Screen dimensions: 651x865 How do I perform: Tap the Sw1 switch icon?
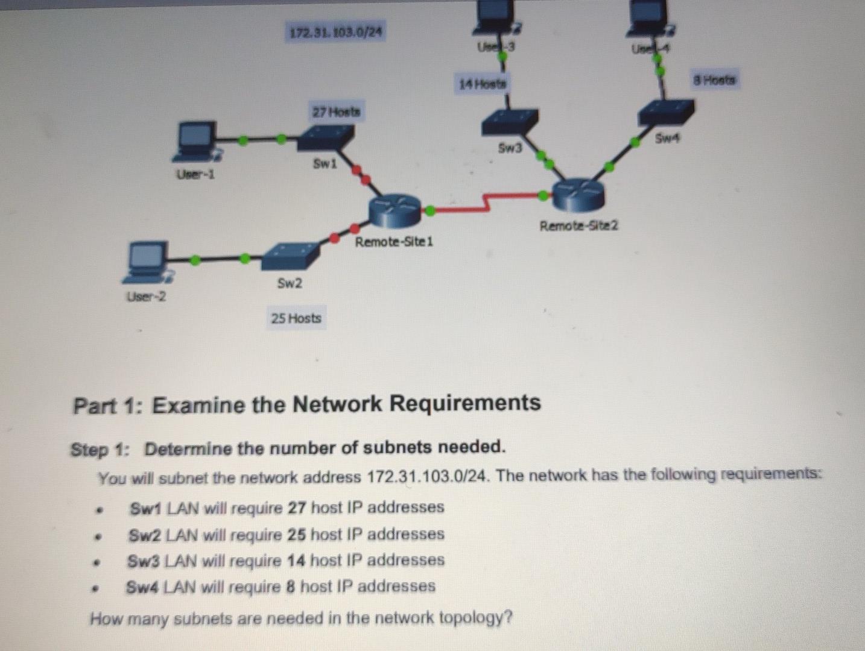point(326,139)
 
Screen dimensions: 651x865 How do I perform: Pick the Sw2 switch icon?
point(290,257)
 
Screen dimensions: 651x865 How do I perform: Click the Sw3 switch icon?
point(510,123)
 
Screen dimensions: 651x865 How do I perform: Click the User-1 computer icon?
point(195,142)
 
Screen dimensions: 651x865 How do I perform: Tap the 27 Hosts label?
point(336,112)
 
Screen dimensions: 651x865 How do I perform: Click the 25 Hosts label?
point(296,318)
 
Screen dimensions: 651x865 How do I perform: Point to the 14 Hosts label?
point(483,84)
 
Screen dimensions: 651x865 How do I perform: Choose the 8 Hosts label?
point(714,80)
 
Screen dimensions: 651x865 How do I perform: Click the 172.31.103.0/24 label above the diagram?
point(335,31)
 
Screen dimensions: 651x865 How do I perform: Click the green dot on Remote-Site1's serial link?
point(430,211)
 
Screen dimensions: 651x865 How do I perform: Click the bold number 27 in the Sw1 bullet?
point(297,508)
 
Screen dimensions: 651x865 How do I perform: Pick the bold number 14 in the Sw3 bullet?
point(296,561)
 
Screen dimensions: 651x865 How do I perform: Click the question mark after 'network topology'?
point(507,617)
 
